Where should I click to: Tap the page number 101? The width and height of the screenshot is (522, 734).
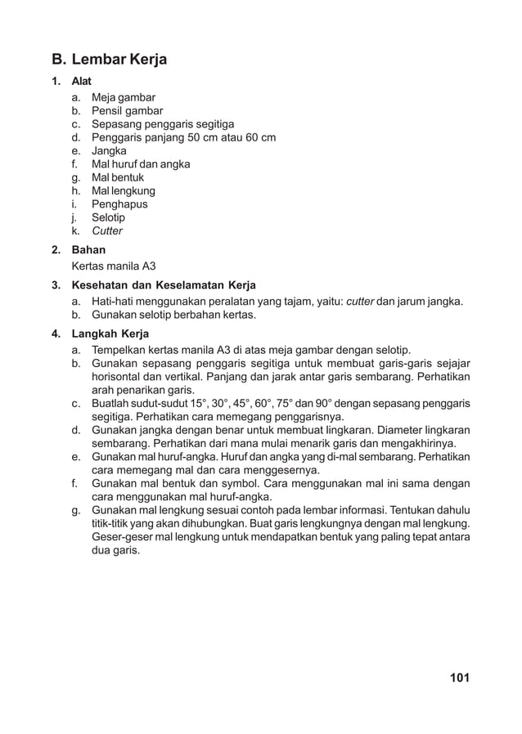point(459,678)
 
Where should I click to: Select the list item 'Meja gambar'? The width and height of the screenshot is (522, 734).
point(123,97)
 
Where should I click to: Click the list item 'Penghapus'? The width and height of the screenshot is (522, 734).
point(119,204)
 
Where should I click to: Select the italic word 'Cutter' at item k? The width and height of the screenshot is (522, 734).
point(107,231)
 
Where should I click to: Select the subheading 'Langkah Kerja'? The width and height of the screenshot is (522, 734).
point(110,333)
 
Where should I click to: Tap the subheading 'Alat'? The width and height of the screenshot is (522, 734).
point(82,81)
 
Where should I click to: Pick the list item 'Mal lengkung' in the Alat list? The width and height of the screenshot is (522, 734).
point(123,191)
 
